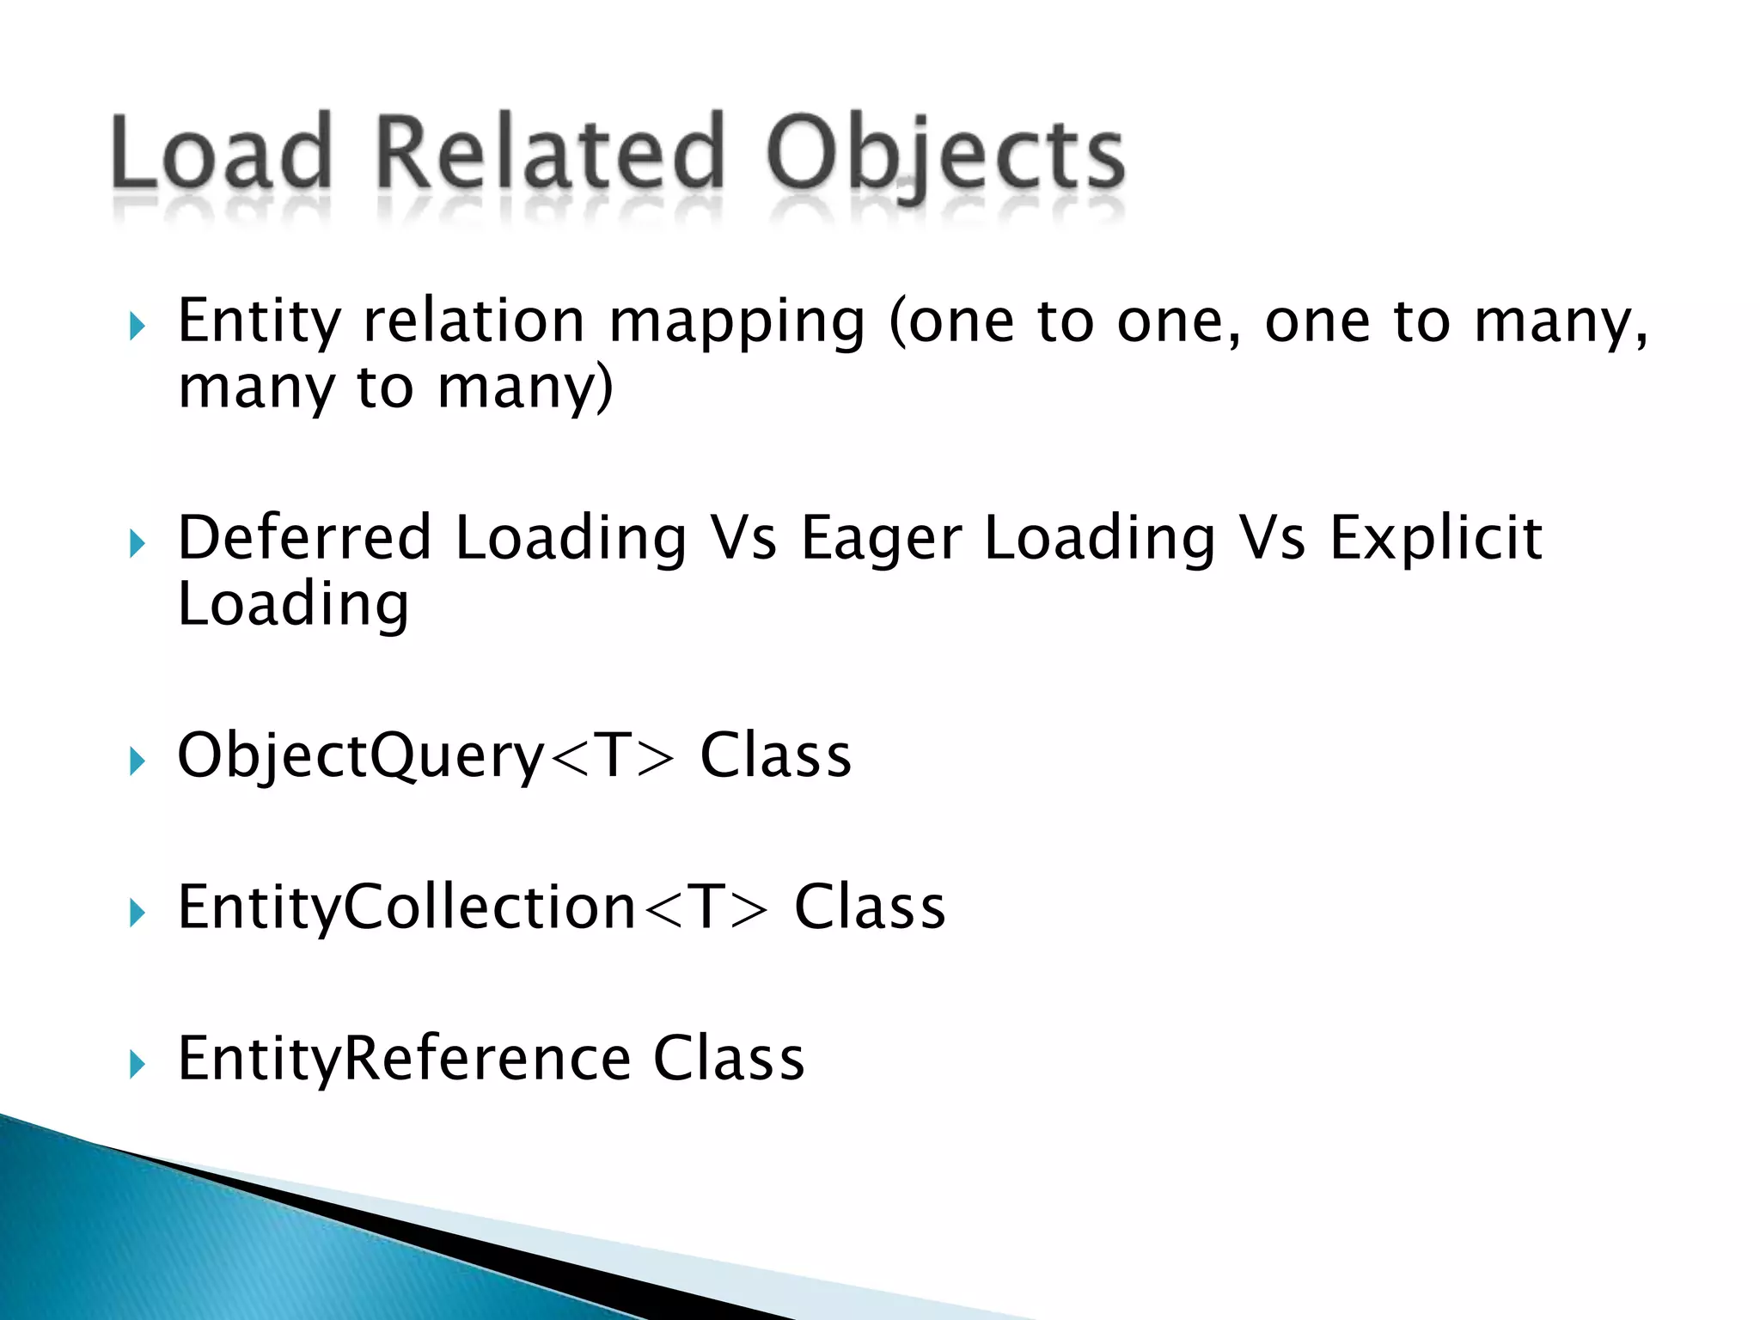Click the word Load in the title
click(x=222, y=153)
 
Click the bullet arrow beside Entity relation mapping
click(x=137, y=327)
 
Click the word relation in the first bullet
click(x=474, y=321)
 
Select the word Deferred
click(x=304, y=538)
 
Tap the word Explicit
click(x=1435, y=540)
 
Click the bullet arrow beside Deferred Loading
click(x=137, y=544)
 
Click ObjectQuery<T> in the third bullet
click(x=426, y=756)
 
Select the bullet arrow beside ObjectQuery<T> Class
click(x=137, y=761)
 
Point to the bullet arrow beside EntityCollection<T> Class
click(x=137, y=913)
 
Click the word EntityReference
click(x=405, y=1059)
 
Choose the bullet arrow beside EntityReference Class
click(x=137, y=1065)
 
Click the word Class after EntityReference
click(x=729, y=1058)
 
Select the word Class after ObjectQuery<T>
click(x=775, y=755)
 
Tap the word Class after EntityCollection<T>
click(x=869, y=907)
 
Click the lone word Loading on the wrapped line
click(x=293, y=606)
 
